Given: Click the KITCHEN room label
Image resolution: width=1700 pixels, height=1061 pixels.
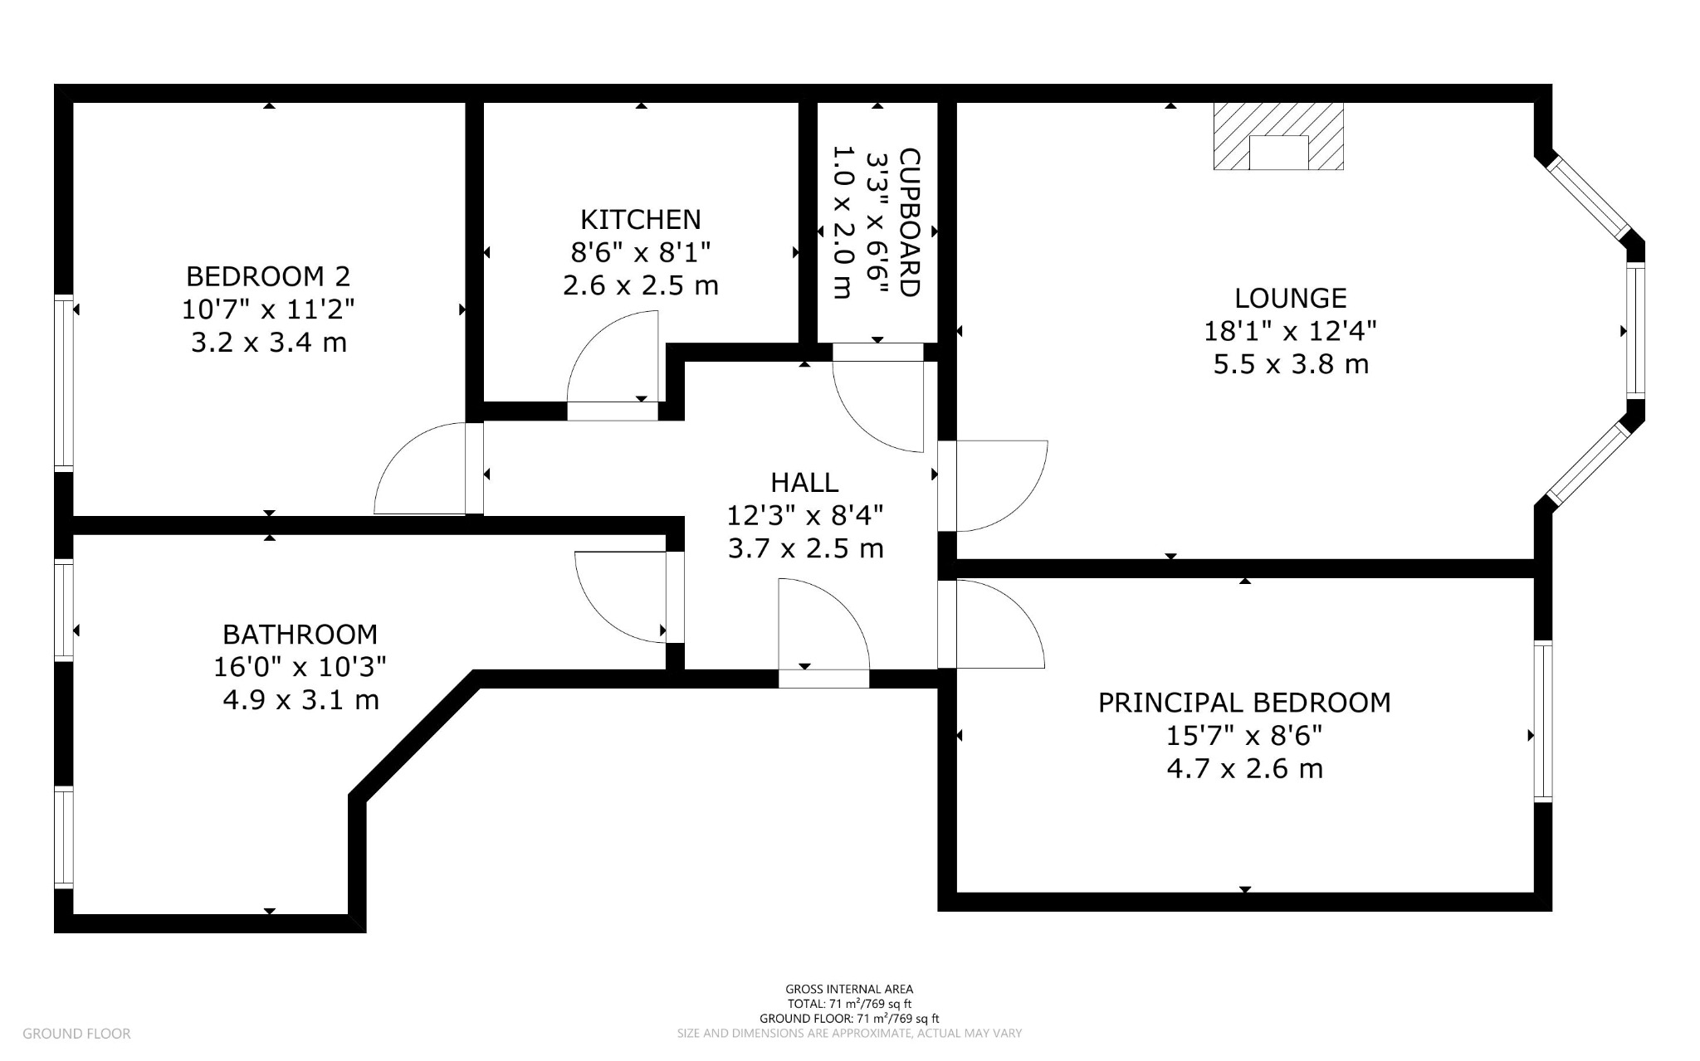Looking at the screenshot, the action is [640, 220].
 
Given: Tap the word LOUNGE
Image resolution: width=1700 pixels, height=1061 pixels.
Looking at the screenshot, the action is [1290, 298].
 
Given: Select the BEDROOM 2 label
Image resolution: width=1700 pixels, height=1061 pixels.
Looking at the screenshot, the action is [268, 275].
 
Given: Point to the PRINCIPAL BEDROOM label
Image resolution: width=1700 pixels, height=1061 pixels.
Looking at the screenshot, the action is [1244, 703].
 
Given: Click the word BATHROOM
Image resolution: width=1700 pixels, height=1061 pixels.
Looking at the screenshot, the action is [300, 635].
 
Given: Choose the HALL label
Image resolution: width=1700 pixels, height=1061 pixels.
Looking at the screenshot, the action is [804, 482].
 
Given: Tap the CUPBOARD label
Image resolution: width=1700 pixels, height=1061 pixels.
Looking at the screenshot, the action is [910, 222].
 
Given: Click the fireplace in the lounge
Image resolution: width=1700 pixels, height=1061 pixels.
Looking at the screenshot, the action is [1278, 136].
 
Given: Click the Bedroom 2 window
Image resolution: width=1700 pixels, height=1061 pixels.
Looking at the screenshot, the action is [64, 382].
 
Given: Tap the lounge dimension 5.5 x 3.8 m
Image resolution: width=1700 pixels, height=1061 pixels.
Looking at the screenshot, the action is [1291, 364].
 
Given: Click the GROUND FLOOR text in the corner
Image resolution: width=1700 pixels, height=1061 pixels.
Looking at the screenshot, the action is [76, 1034].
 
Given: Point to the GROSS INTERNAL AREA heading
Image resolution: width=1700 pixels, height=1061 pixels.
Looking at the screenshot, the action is [849, 989].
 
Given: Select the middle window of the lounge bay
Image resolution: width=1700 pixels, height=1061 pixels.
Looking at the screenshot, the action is [1635, 331].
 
